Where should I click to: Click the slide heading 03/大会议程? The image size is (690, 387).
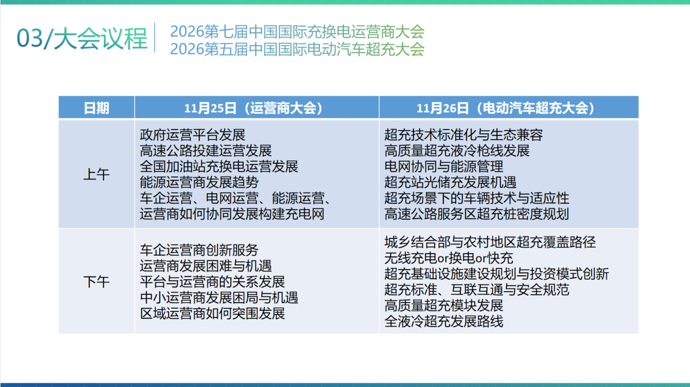(x=82, y=39)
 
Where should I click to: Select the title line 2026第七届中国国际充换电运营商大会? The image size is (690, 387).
(x=297, y=32)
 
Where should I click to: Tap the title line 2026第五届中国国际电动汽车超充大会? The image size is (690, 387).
(x=297, y=49)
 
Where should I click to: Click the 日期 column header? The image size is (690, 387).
(x=96, y=108)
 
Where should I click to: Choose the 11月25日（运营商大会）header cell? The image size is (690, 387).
(x=253, y=108)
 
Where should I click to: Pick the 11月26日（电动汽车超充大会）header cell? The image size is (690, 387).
(x=505, y=108)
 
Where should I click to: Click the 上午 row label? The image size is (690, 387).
(x=96, y=174)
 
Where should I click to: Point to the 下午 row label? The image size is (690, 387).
(x=96, y=282)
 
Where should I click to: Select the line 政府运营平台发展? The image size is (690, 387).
(x=192, y=135)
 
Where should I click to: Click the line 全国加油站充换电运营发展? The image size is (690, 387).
(x=219, y=167)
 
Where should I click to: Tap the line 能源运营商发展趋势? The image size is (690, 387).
(x=199, y=182)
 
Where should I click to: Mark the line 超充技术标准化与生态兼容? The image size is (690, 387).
(x=464, y=135)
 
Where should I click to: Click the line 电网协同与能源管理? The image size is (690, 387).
(x=444, y=167)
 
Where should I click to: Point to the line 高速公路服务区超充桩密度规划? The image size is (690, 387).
(x=476, y=214)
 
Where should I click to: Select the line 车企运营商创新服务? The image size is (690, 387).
(x=199, y=250)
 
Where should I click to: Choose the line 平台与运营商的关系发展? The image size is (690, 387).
(x=213, y=281)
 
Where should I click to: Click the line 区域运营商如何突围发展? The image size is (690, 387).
(x=213, y=313)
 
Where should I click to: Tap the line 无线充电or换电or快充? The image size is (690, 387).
(x=449, y=258)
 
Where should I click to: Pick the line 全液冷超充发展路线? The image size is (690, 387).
(x=444, y=321)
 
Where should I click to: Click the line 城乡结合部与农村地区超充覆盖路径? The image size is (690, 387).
(x=490, y=242)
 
